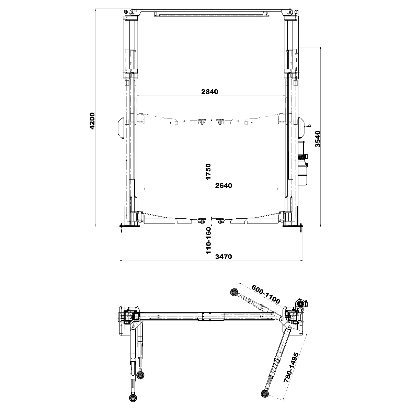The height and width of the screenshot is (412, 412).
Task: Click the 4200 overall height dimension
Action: pyautogui.click(x=92, y=121)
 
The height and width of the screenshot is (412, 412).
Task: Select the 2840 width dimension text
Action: pyautogui.click(x=209, y=92)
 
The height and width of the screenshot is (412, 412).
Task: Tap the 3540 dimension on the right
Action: pyautogui.click(x=318, y=139)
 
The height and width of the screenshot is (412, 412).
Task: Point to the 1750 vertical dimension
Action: pyautogui.click(x=208, y=172)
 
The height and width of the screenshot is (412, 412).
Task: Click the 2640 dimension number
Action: pyautogui.click(x=224, y=185)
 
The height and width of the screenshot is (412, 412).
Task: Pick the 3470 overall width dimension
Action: pyautogui.click(x=224, y=256)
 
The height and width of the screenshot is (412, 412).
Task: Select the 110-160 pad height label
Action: pyautogui.click(x=208, y=241)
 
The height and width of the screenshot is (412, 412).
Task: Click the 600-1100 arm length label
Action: pyautogui.click(x=265, y=294)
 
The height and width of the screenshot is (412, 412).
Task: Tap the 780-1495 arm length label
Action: pyautogui.click(x=291, y=371)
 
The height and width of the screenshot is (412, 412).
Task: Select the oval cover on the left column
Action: pyautogui.click(x=121, y=128)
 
